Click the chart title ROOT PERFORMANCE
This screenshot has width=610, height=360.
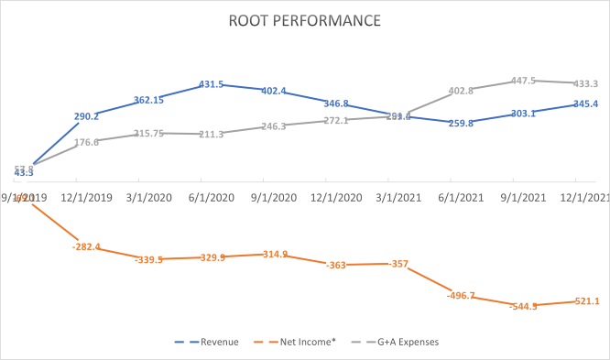coord(306,19)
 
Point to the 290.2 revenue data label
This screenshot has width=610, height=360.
coord(86,116)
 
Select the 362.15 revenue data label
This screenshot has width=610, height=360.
coord(148,100)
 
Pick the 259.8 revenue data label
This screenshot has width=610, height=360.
coord(458,123)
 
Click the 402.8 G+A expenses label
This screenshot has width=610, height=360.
coord(461,91)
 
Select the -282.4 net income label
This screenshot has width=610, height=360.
coord(85,247)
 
